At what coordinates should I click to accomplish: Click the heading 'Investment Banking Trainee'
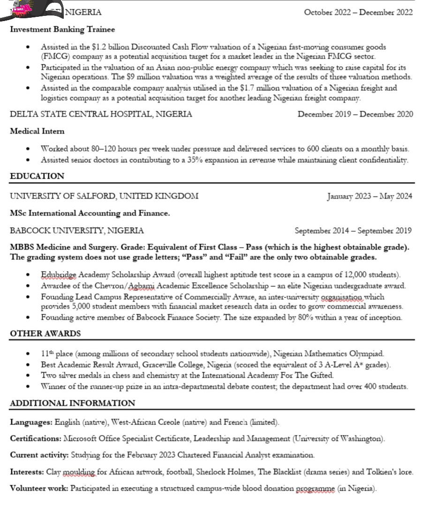pyautogui.click(x=62, y=30)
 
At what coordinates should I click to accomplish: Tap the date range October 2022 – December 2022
pyautogui.click(x=358, y=12)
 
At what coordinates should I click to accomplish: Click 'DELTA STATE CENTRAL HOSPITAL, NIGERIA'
pyautogui.click(x=101, y=114)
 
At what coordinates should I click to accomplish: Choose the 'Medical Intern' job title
pyautogui.click(x=37, y=131)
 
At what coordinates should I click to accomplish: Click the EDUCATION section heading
pyautogui.click(x=37, y=176)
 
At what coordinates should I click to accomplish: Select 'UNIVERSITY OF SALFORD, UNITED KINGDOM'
pyautogui.click(x=104, y=196)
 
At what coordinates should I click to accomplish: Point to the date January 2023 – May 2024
pyautogui.click(x=369, y=196)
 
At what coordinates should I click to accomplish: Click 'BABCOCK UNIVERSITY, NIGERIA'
pyautogui.click(x=77, y=230)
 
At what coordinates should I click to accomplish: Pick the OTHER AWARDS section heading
pyautogui.click(x=45, y=333)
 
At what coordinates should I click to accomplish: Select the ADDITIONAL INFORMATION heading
pyautogui.click(x=72, y=403)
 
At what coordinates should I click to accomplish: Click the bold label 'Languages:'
pyautogui.click(x=31, y=422)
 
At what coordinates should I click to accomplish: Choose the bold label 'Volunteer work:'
pyautogui.click(x=39, y=488)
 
